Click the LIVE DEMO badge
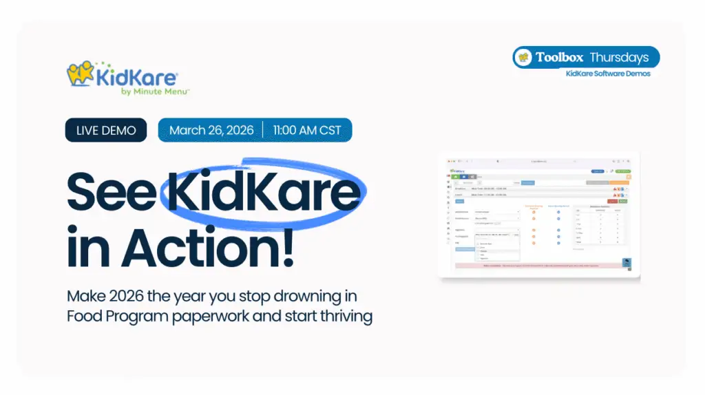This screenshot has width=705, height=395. [106, 130]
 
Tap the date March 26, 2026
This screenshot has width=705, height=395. [211, 130]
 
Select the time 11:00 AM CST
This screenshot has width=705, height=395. [306, 130]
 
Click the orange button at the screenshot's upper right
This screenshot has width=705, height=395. [620, 182]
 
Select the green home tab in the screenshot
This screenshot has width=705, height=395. [455, 177]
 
